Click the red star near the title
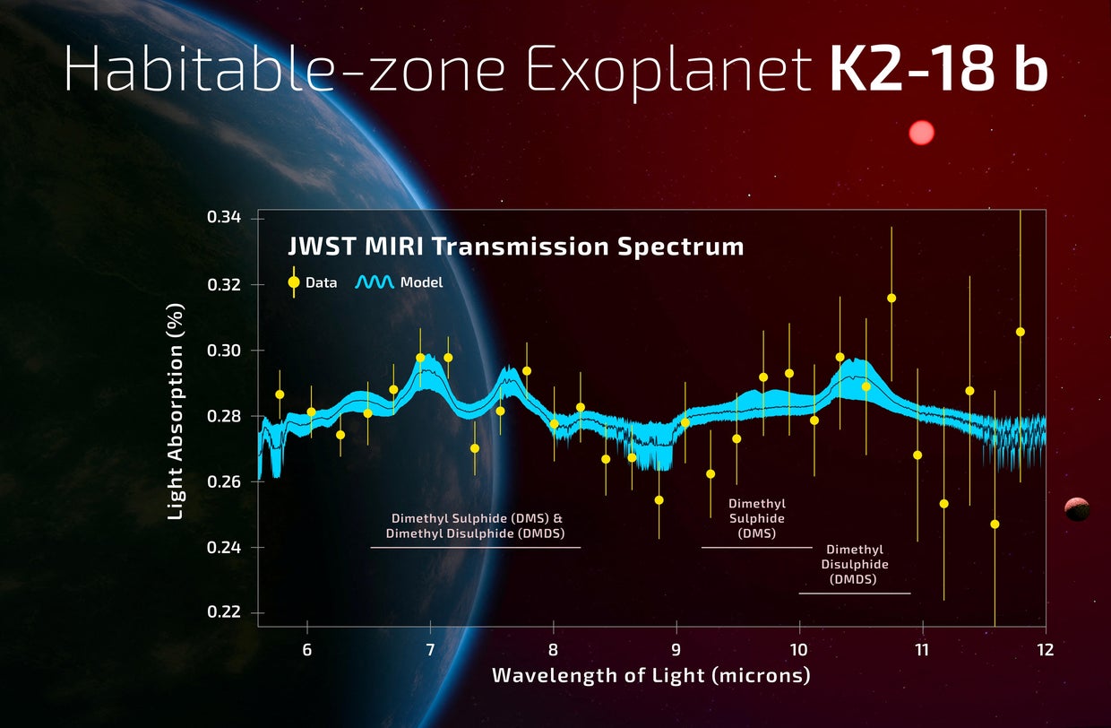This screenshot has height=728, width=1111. [921, 133]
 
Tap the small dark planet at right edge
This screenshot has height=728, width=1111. [1077, 509]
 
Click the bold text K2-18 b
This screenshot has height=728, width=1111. [937, 70]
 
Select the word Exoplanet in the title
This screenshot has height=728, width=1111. [667, 70]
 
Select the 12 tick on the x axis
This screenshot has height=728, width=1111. [1045, 647]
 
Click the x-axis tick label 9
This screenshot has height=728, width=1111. [676, 647]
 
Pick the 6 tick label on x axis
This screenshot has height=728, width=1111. [307, 647]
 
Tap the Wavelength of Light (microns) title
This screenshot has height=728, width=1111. [650, 675]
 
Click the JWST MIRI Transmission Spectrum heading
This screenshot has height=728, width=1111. [515, 247]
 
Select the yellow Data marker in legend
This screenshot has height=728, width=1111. [294, 282]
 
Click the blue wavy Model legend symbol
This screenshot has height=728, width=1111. [374, 282]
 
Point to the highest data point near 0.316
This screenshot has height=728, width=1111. [891, 298]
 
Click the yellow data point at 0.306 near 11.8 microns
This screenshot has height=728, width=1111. [1020, 332]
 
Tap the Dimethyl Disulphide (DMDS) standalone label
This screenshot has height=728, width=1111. [855, 565]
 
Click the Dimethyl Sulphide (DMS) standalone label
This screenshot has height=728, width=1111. [756, 518]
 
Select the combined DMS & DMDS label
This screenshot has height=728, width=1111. [477, 525]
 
